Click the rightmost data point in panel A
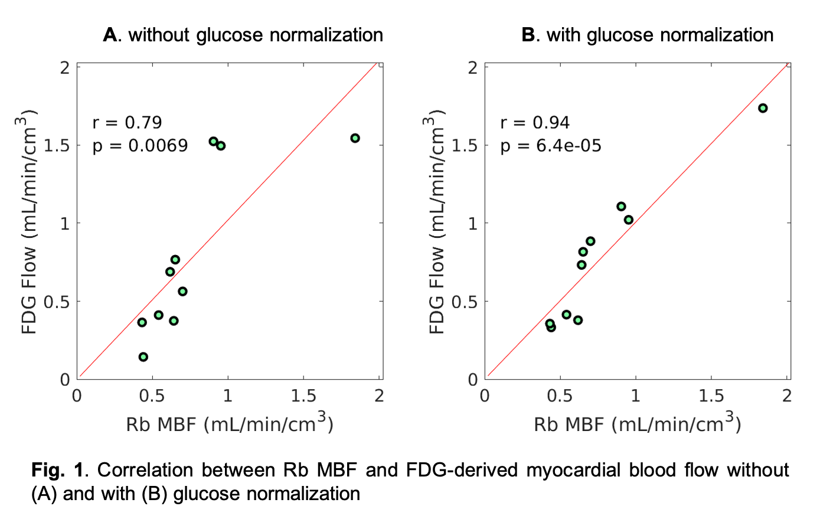[355, 138]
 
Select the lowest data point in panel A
[143, 357]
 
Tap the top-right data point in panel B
[763, 108]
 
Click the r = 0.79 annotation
[127, 122]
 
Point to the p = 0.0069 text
[140, 146]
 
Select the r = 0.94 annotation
[535, 122]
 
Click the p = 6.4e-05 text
[551, 146]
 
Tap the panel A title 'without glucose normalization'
[255, 35]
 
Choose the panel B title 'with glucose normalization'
[659, 35]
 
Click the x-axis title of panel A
[230, 423]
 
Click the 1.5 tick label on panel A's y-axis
[57, 145]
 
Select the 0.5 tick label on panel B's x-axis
[560, 396]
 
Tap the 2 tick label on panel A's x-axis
[379, 396]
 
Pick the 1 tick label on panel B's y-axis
[472, 223]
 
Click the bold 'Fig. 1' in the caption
[58, 470]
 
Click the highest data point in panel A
[214, 141]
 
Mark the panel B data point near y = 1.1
[621, 207]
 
